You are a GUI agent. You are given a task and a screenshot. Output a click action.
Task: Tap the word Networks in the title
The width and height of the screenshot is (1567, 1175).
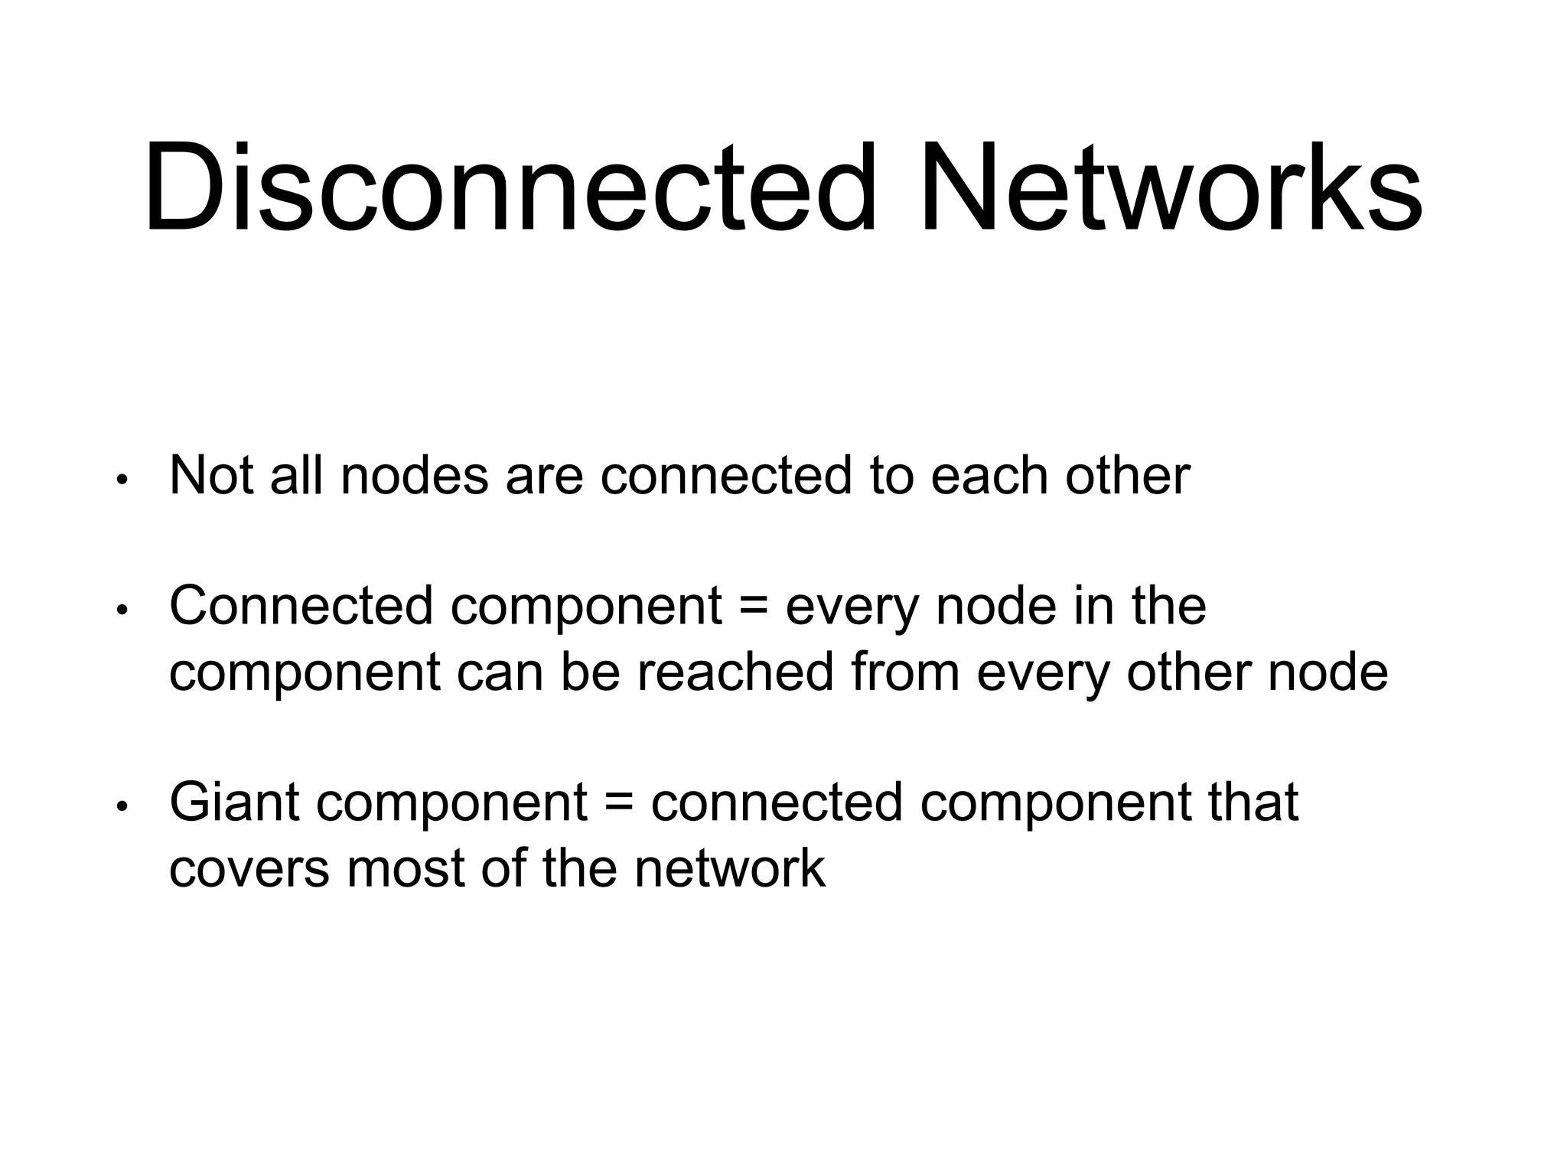[1171, 187]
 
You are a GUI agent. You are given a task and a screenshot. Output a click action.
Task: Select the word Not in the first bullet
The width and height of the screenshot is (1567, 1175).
[211, 476]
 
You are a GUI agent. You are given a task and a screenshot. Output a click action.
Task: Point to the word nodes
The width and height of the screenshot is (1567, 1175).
[414, 476]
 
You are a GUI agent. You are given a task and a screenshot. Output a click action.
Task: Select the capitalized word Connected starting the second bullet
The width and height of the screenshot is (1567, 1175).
[301, 606]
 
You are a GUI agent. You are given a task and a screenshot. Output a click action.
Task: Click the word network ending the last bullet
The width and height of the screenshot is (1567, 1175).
[730, 869]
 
